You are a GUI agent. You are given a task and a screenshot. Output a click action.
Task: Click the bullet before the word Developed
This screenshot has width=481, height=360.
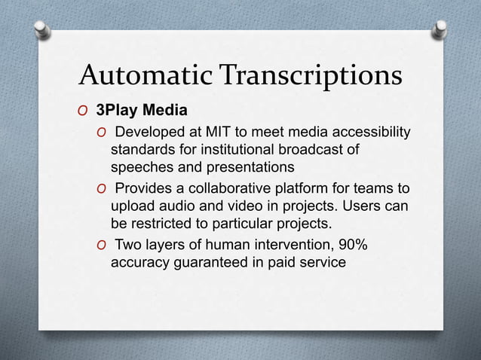coord(100,134)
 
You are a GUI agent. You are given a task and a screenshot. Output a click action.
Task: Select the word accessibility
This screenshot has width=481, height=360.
coord(372,133)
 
